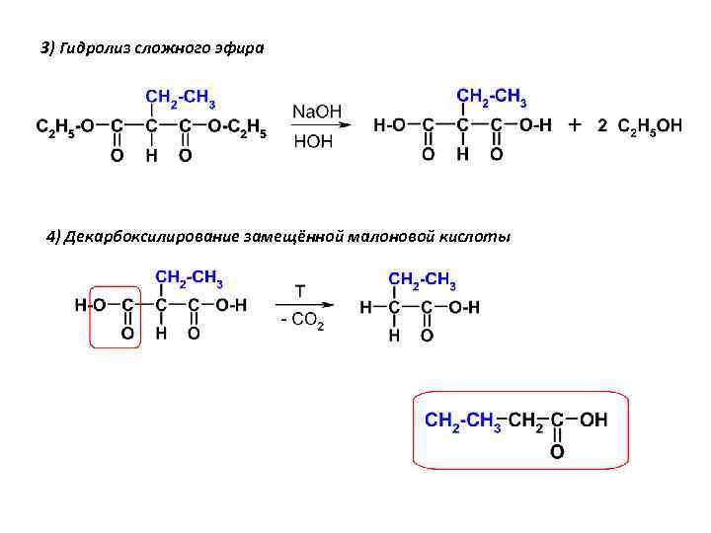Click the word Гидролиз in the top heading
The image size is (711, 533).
(90, 47)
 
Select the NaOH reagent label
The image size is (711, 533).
(315, 112)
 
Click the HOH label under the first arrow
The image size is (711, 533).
(313, 141)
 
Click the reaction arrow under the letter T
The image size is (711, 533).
(304, 307)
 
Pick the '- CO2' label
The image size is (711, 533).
(300, 323)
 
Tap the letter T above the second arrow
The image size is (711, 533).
(301, 291)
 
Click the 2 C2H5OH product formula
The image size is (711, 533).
(639, 127)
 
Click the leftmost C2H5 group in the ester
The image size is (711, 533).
(50, 126)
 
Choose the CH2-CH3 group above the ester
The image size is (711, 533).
(181, 98)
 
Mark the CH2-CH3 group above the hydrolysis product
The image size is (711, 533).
(491, 98)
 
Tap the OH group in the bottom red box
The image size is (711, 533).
(593, 420)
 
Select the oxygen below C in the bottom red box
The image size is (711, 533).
(557, 451)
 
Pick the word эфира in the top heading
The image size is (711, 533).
(243, 47)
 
